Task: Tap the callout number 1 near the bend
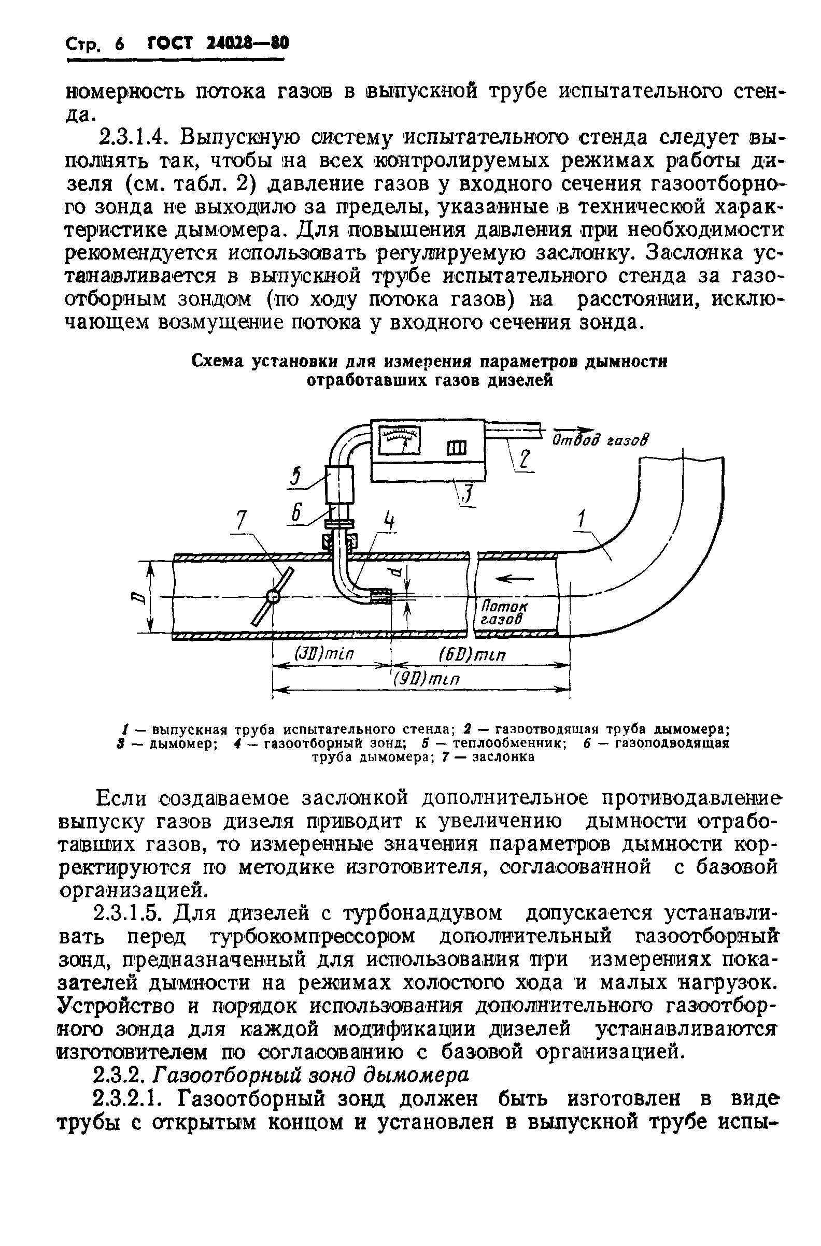click(580, 520)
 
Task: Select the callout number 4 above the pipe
click(389, 520)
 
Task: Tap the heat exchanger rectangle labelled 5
click(339, 484)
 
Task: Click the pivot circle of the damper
click(273, 596)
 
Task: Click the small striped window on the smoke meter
click(456, 449)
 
